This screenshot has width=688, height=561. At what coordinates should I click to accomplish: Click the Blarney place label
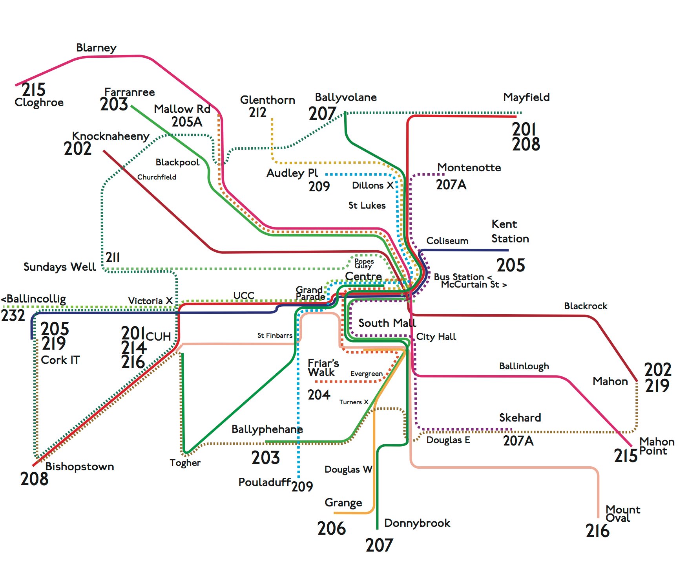click(96, 48)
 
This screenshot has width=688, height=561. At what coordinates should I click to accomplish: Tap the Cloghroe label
click(39, 103)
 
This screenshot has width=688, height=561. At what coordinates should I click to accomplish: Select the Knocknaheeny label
click(111, 136)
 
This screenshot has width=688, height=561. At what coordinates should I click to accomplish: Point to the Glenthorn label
click(267, 100)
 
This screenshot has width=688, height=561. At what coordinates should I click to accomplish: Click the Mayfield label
click(526, 97)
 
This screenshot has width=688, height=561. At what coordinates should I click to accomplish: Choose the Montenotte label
click(469, 168)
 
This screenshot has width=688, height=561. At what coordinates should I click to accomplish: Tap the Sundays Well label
click(60, 267)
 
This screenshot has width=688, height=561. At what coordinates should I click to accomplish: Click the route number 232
click(13, 315)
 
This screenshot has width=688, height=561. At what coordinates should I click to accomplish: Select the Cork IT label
click(60, 360)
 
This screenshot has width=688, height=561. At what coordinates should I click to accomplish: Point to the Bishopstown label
click(80, 467)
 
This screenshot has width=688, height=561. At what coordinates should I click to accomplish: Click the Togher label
click(185, 463)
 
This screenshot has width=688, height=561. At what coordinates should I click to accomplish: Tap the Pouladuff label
click(265, 482)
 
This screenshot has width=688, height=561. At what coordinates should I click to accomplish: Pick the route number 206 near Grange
click(332, 528)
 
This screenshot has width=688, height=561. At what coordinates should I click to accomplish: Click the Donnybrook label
click(417, 523)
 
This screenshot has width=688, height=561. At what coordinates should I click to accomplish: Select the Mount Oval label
click(623, 514)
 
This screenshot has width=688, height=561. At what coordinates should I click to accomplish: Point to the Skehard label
click(520, 418)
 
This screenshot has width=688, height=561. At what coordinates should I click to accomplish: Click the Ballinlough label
click(524, 366)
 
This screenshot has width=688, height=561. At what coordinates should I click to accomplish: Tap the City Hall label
click(436, 337)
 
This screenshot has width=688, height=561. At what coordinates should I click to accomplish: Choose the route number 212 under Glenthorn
click(257, 112)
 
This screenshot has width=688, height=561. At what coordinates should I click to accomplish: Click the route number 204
click(319, 395)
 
